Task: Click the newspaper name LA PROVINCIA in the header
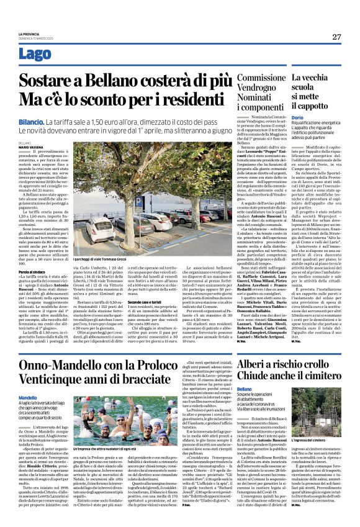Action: [29, 33]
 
